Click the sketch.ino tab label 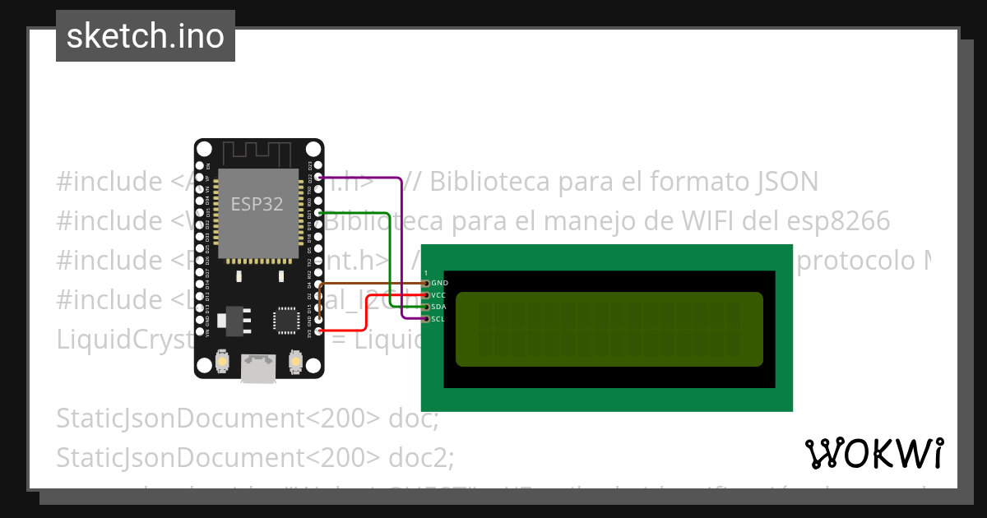click(x=145, y=36)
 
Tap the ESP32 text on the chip click(x=257, y=204)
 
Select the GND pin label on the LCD click(x=439, y=283)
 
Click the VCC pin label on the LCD click(x=438, y=294)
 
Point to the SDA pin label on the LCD click(x=438, y=307)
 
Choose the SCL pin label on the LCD click(x=438, y=318)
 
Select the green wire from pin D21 click(x=387, y=255)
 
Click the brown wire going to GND click(x=370, y=283)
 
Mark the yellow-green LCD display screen click(x=609, y=329)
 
